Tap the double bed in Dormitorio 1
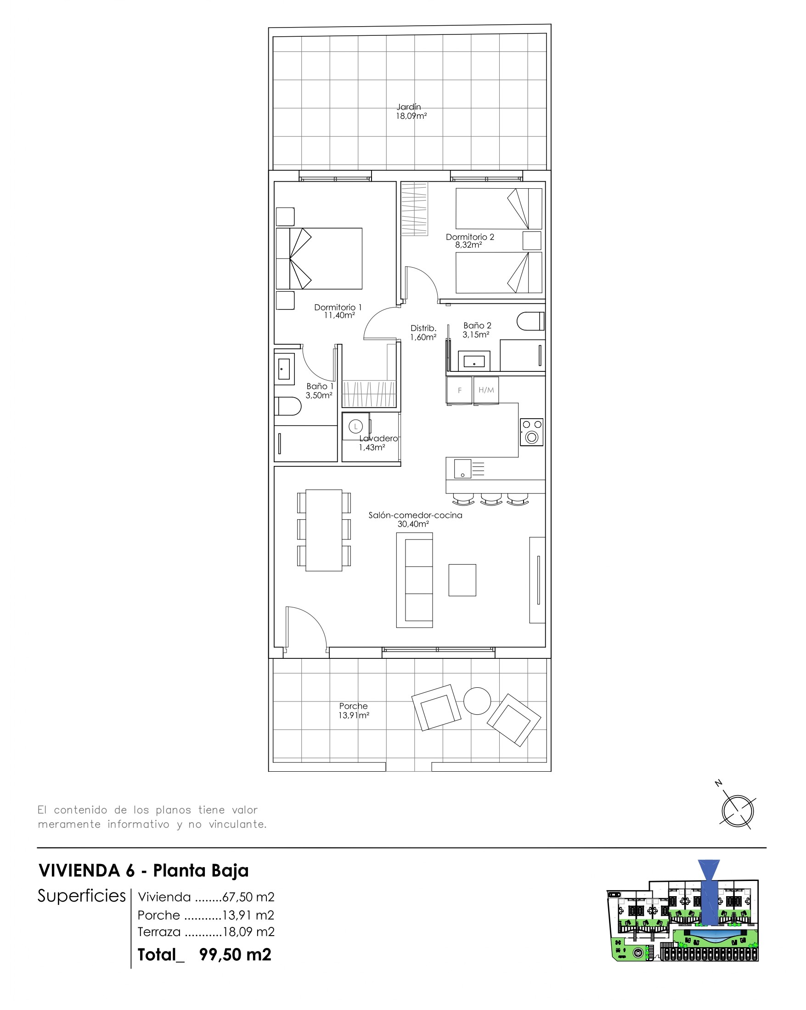pyautogui.click(x=319, y=258)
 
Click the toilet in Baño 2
pyautogui.click(x=530, y=321)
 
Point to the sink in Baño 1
pyautogui.click(x=284, y=369)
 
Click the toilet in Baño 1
pyautogui.click(x=287, y=406)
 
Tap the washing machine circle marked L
pyautogui.click(x=356, y=426)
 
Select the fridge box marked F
pyautogui.click(x=459, y=390)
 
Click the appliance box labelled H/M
pyautogui.click(x=486, y=390)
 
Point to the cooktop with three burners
pyautogui.click(x=531, y=432)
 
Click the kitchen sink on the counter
pyautogui.click(x=462, y=468)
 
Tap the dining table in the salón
pyautogui.click(x=324, y=530)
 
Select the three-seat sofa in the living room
pyautogui.click(x=414, y=580)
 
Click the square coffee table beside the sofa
pyautogui.click(x=462, y=580)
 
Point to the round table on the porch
pyautogui.click(x=477, y=701)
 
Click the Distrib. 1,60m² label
pyautogui.click(x=423, y=332)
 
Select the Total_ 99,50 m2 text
pyautogui.click(x=204, y=954)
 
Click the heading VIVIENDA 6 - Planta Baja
pyautogui.click(x=143, y=870)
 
